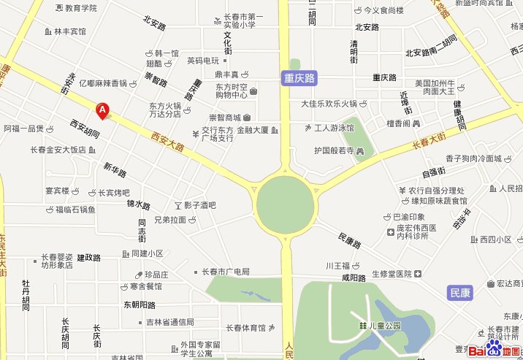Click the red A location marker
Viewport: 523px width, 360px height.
103,111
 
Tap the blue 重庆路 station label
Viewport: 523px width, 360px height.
299,77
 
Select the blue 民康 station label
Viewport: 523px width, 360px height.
459,293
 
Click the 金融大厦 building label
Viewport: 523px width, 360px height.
253,131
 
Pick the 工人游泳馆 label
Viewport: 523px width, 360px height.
333,128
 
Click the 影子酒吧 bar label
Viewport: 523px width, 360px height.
199,205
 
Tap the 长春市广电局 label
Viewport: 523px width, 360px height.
226,272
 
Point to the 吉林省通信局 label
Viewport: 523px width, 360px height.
169,322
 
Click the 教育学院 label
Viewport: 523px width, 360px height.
80,8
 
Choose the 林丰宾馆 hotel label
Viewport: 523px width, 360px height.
69,32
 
